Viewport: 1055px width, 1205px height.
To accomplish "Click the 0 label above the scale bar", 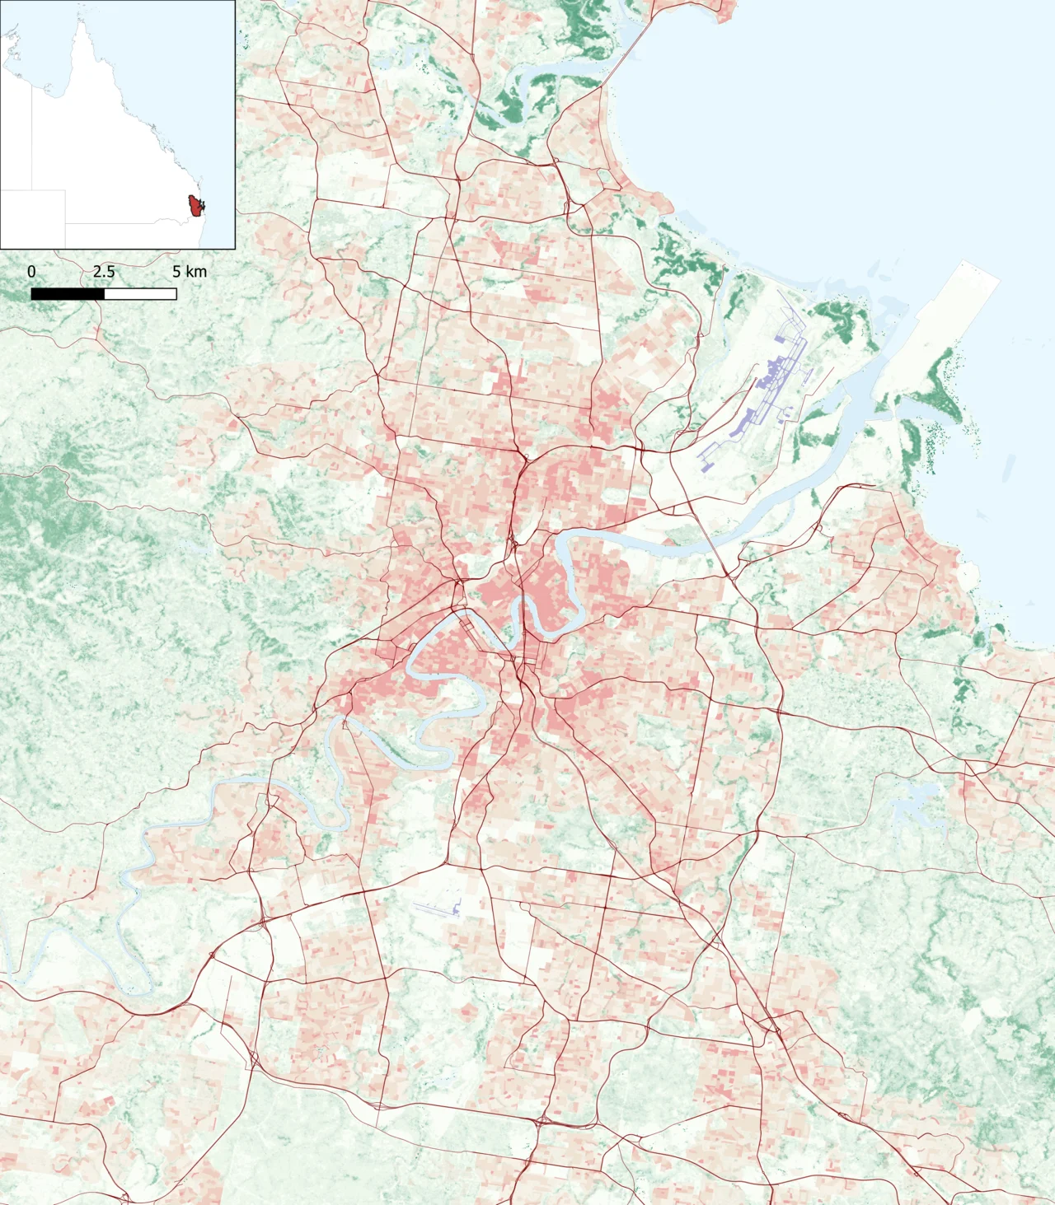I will [x=31, y=272].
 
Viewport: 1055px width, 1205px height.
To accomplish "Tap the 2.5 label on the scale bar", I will [x=104, y=272].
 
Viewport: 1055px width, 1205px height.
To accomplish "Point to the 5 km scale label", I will [x=190, y=272].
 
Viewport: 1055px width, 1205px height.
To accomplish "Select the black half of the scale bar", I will [x=68, y=294].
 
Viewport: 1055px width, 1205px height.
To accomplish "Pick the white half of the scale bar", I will [x=140, y=294].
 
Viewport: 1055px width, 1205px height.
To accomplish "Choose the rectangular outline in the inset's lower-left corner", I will [x=33, y=218].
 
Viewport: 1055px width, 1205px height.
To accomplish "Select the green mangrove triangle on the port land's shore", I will [x=940, y=387].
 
